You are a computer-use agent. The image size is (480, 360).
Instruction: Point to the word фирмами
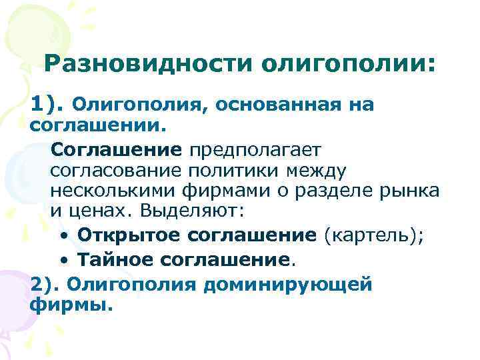tap(223, 191)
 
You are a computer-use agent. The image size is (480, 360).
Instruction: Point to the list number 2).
tap(45, 285)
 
